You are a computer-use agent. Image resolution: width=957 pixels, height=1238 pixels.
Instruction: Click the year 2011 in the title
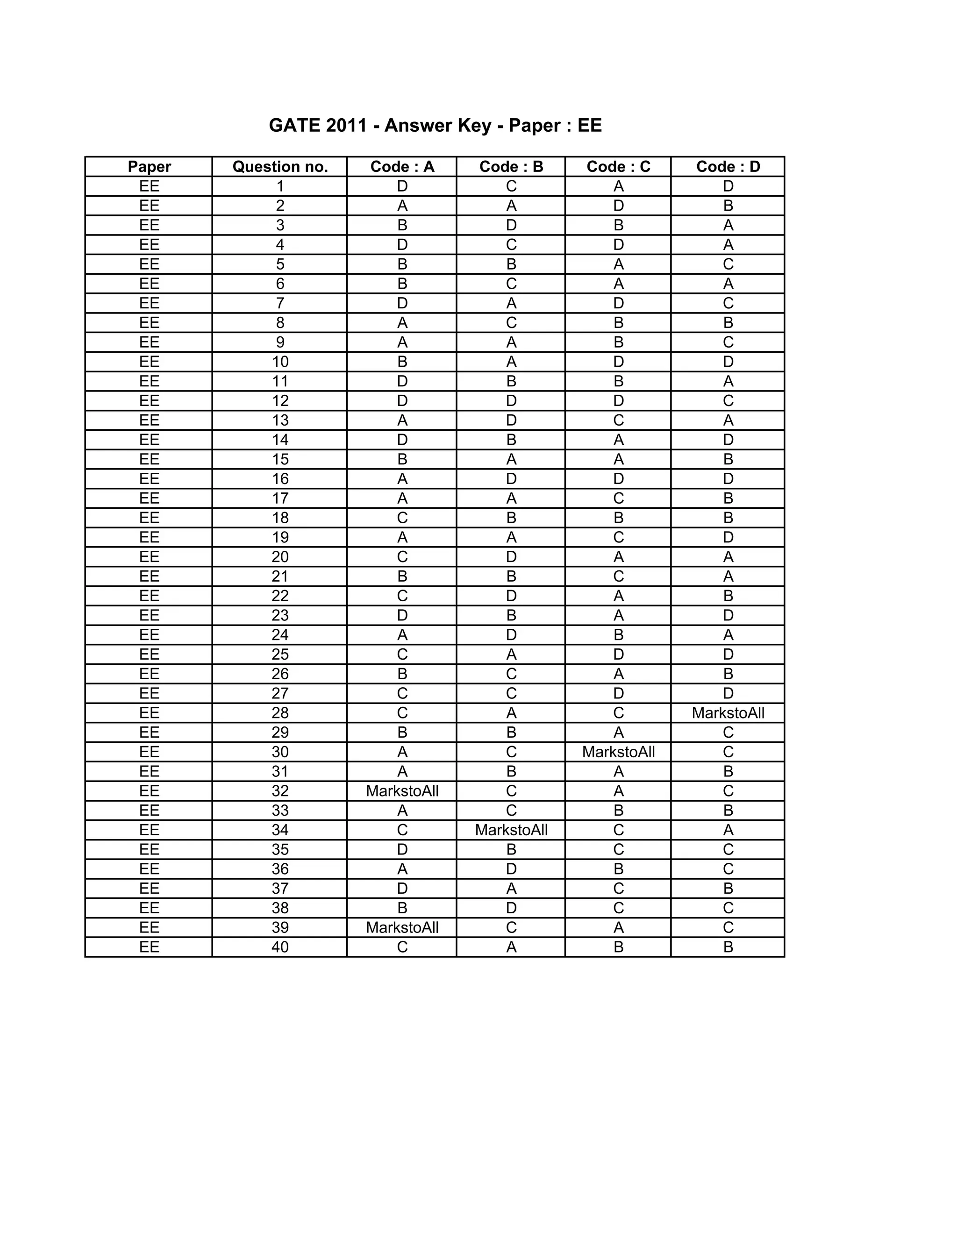[346, 125]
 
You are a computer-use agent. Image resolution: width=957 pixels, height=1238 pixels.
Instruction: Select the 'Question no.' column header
[280, 167]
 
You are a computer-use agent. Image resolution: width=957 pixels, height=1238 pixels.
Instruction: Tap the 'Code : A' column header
[402, 167]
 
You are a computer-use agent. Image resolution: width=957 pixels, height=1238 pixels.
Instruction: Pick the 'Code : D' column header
[728, 167]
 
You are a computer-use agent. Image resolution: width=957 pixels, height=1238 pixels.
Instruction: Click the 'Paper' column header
[149, 167]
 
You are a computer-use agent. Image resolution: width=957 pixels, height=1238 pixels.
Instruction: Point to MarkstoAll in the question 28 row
[728, 713]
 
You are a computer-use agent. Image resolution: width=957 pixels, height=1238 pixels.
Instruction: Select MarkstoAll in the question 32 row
[402, 791]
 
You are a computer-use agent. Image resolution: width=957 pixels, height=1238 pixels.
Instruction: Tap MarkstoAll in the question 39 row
[402, 928]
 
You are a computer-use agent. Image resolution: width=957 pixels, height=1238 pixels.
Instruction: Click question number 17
[280, 498]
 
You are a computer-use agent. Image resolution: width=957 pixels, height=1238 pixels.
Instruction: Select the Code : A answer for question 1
[402, 186]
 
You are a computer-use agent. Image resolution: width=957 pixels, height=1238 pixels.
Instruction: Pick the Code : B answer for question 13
[511, 420]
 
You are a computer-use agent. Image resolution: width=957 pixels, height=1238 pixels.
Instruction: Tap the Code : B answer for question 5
[511, 264]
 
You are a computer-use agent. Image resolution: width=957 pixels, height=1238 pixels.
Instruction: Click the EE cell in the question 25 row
[149, 655]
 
